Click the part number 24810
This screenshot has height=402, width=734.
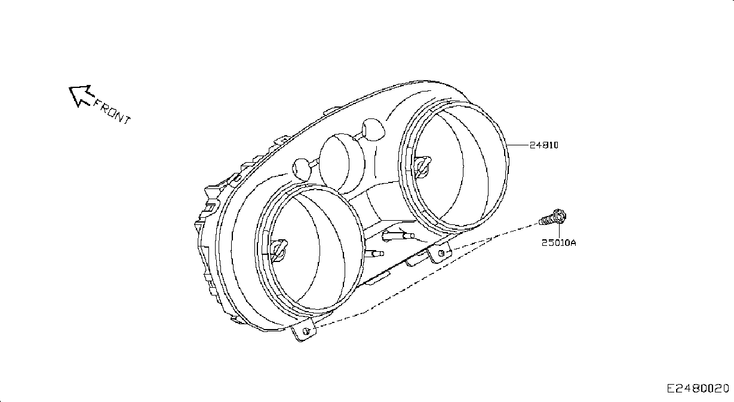(x=544, y=145)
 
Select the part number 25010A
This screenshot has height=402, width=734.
(x=558, y=243)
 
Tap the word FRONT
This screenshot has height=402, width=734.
(x=112, y=112)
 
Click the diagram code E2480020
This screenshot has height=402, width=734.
(x=698, y=389)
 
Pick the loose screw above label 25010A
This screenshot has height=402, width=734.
(x=553, y=218)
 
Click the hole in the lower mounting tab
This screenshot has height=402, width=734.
(x=307, y=331)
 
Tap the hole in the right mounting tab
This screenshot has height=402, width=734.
(x=441, y=253)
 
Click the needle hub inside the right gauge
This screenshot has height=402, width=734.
(x=422, y=166)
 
